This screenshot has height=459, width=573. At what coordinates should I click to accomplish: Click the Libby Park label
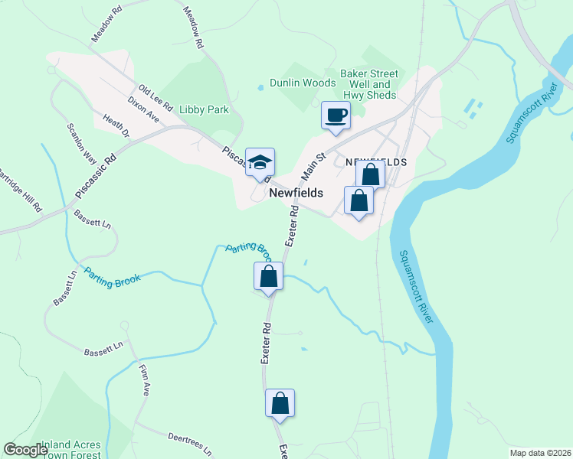[204, 109]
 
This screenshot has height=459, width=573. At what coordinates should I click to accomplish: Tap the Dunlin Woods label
[303, 83]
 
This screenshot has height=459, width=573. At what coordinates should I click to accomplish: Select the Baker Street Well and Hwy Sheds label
[370, 84]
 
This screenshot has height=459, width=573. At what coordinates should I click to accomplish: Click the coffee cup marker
[336, 116]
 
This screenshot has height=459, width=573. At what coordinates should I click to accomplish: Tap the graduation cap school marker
[260, 162]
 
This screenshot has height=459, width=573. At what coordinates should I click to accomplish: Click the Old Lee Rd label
[156, 96]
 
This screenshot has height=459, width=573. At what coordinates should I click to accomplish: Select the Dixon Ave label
[142, 109]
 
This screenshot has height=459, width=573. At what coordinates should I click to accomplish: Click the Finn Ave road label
[144, 379]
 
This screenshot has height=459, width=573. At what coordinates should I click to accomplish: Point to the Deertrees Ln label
[189, 443]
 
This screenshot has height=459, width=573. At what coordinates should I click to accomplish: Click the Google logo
[25, 450]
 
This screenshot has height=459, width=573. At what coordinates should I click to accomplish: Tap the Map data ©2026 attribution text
[539, 452]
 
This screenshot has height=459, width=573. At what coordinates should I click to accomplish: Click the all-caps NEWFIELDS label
[375, 163]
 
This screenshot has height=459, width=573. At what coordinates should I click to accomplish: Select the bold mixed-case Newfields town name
[296, 194]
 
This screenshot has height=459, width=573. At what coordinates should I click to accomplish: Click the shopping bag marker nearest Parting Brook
[269, 277]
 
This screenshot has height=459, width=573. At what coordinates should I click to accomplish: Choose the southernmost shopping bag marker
[280, 403]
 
